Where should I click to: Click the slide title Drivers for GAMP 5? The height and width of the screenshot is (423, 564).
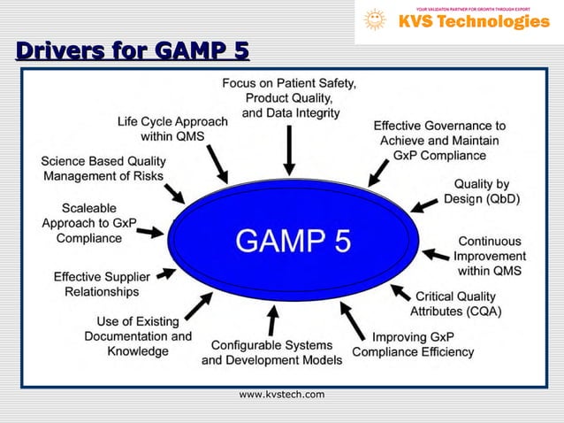click(131, 51)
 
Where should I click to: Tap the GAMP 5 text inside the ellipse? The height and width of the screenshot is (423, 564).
click(292, 240)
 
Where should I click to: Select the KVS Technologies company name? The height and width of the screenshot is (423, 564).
click(473, 22)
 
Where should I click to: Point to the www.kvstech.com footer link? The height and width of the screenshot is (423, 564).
click(282, 394)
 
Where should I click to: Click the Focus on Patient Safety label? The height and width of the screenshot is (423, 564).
click(289, 97)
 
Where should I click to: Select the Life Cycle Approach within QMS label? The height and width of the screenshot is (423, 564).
click(172, 128)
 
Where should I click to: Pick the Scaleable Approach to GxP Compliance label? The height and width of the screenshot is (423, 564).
click(89, 223)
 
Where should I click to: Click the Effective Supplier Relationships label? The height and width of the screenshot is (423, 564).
click(102, 283)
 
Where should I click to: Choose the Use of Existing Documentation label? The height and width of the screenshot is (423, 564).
click(137, 335)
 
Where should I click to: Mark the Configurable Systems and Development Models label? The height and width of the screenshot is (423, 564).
click(271, 352)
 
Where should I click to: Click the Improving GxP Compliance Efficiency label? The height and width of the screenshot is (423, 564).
click(413, 344)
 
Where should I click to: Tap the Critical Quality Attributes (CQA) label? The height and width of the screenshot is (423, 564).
click(456, 304)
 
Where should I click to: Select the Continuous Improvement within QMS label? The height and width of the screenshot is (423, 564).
click(489, 256)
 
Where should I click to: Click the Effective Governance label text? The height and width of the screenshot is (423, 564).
click(439, 141)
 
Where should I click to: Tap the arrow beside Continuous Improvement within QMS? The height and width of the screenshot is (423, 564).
click(437, 255)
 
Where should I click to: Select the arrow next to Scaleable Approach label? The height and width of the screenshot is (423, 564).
click(149, 232)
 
